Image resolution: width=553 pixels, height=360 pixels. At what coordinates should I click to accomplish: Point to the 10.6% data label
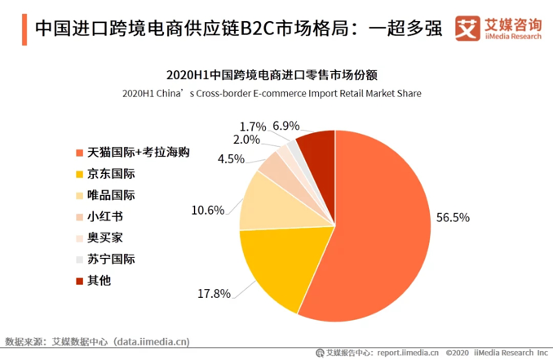pos(208,210)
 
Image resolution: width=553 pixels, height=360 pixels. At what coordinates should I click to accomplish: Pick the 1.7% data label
pos(253,127)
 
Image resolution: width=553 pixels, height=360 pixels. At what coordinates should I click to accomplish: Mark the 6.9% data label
pos(286,126)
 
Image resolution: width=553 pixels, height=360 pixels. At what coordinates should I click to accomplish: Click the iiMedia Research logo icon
pos(466,25)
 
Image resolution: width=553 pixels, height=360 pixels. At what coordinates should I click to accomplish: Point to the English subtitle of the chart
pos(272,93)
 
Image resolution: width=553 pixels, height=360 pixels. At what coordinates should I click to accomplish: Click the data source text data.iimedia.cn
pos(152,340)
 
